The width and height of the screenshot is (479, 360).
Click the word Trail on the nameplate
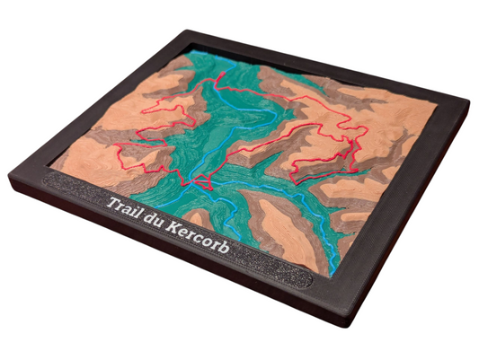click(x=127, y=206)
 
